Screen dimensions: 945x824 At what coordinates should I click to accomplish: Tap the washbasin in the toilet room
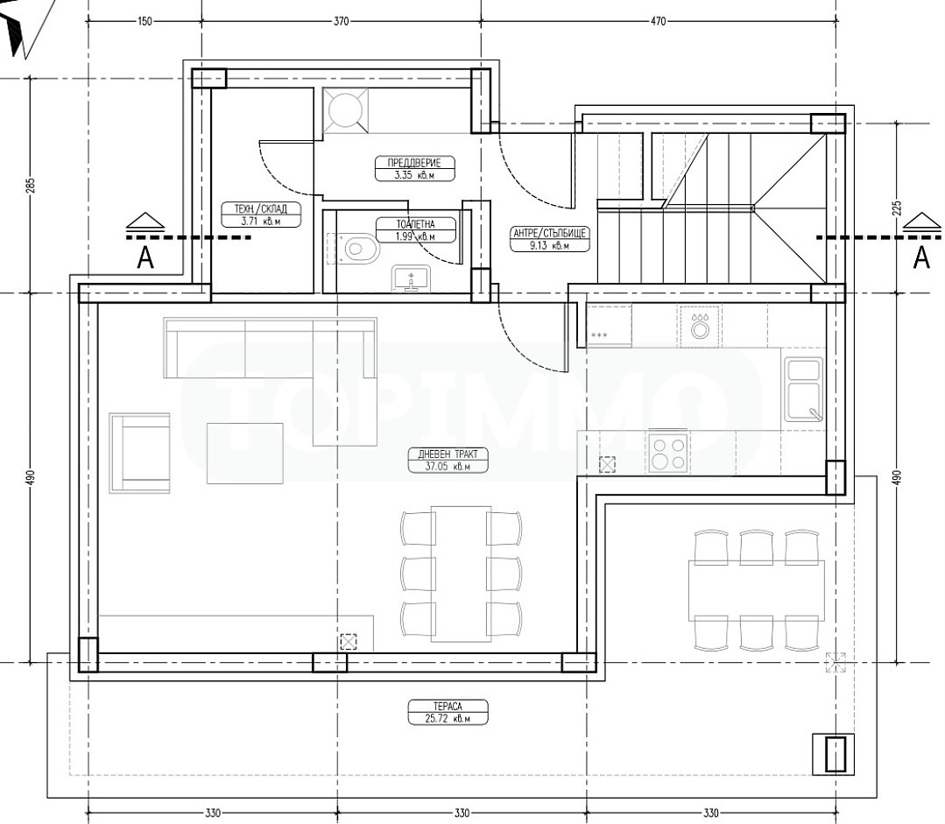tap(411, 278)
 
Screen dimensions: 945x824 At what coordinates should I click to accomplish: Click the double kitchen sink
tap(803, 388)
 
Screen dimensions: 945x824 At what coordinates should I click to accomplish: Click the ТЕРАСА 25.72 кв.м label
tap(448, 712)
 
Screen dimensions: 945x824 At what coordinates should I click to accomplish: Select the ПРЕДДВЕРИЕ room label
tap(413, 169)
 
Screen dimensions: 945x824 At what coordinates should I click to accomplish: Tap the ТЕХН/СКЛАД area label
tap(261, 215)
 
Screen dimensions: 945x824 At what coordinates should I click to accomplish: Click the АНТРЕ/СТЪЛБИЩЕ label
tap(549, 239)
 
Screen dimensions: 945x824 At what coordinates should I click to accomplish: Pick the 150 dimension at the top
tap(145, 21)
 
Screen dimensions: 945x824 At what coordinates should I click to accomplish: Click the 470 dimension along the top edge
tap(659, 21)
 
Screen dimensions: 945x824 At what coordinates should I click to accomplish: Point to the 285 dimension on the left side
tap(32, 185)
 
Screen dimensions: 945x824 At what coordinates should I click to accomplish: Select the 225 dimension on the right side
tap(896, 208)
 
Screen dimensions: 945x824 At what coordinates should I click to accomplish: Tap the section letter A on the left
tap(145, 257)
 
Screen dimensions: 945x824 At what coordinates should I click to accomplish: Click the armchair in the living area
tap(139, 454)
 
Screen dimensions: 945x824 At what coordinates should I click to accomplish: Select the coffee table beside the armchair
tap(245, 454)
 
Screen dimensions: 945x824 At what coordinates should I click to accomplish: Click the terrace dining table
tap(757, 590)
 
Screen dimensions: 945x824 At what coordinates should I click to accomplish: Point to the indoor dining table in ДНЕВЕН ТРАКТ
tap(461, 574)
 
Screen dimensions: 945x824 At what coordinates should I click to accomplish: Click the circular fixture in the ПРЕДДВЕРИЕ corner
tap(345, 109)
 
